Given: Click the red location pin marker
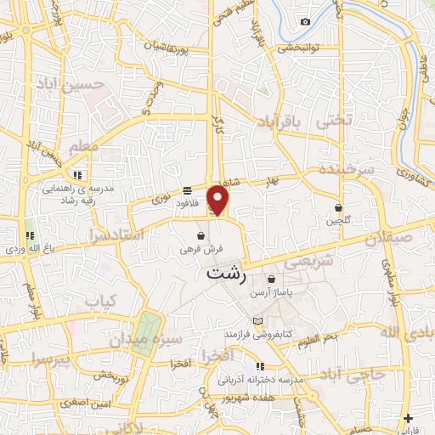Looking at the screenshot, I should (218, 199).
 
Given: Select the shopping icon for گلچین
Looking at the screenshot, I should (339, 206).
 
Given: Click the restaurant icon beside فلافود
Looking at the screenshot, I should (187, 191).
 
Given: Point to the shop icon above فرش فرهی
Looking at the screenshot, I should (201, 235).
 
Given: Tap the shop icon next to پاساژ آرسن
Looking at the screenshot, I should (271, 279).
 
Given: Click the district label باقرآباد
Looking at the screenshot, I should (276, 123).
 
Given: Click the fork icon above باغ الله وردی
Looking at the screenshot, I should (31, 235).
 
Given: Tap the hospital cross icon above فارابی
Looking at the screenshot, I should (410, 418).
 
